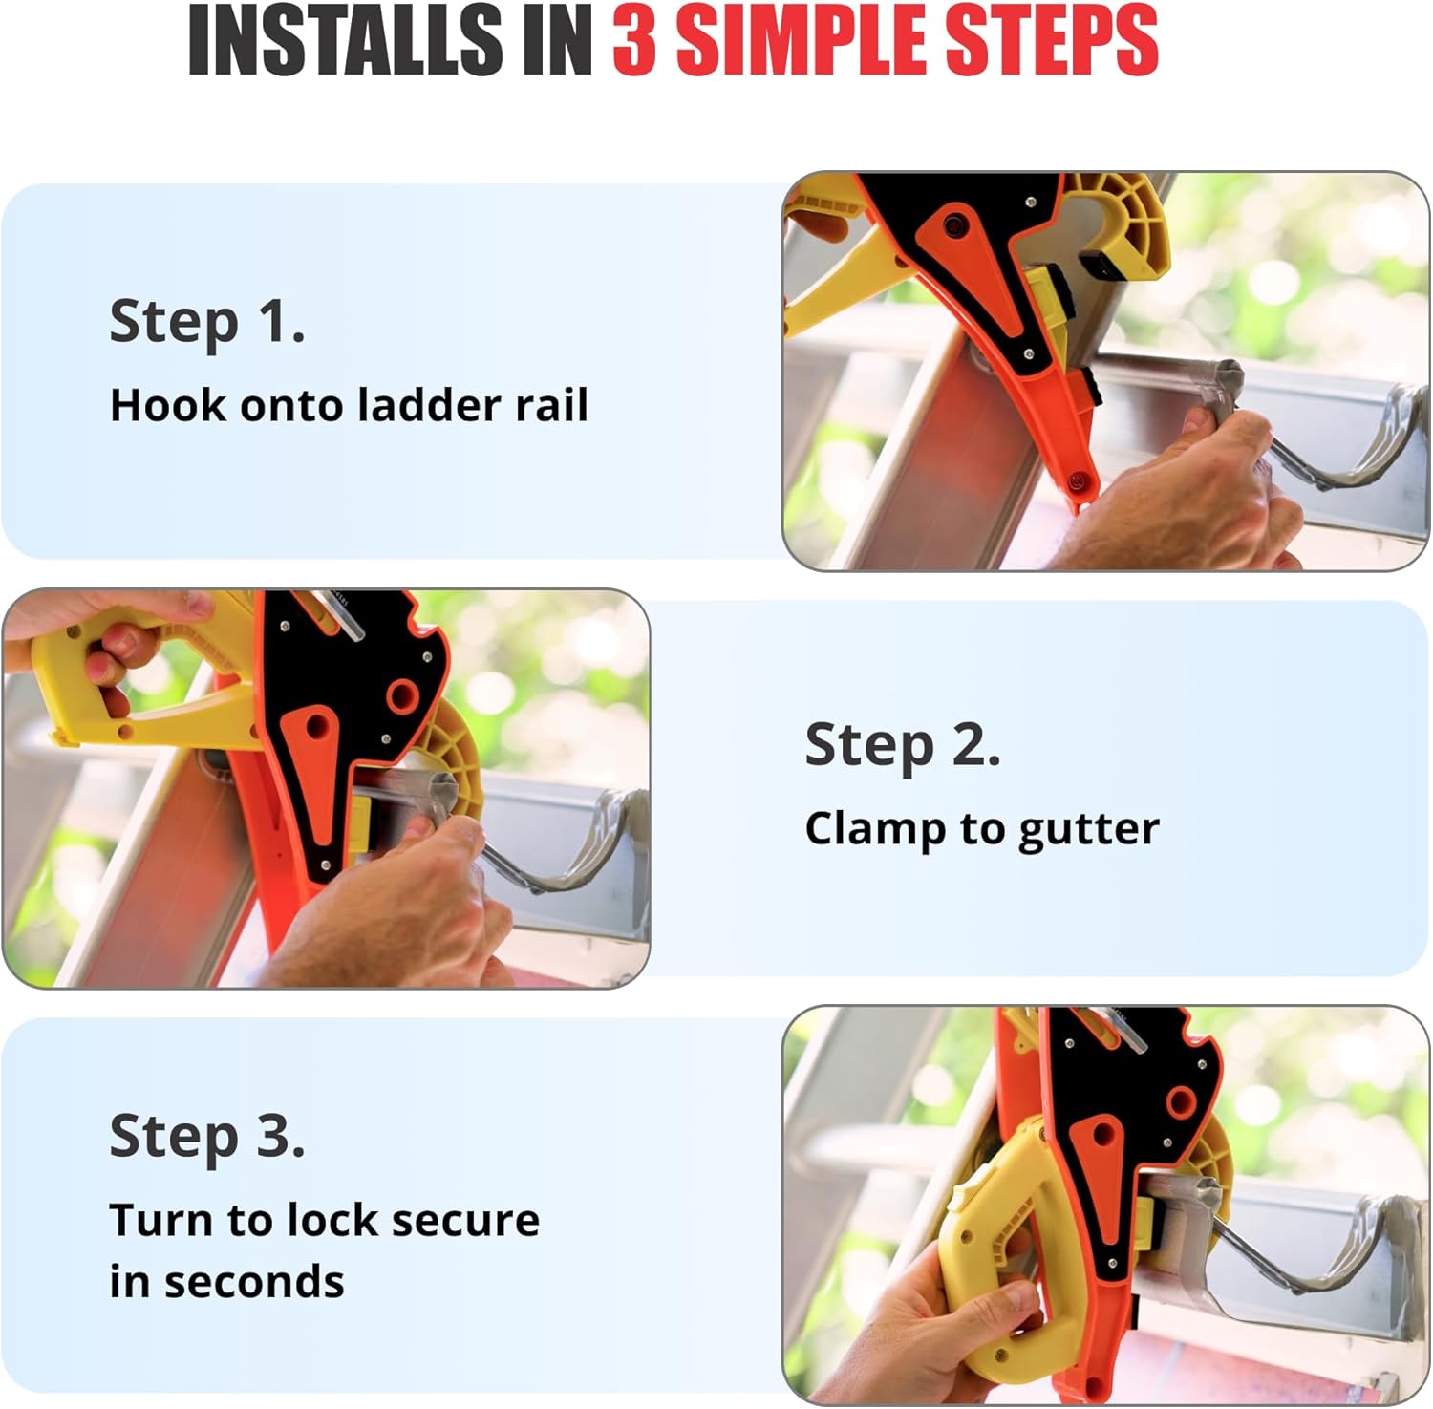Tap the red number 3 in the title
[x=634, y=41]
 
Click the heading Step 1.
[x=207, y=322]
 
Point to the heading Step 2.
[x=903, y=745]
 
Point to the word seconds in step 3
[x=253, y=1282]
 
